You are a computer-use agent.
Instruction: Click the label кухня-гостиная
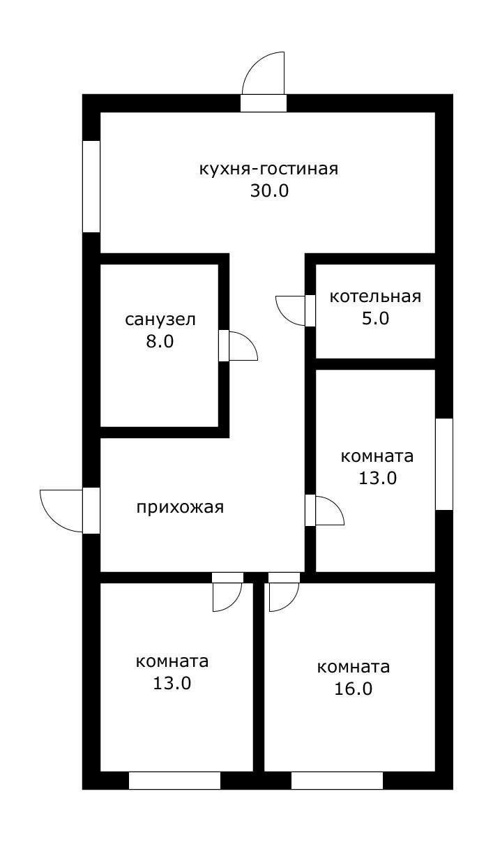pos(268,170)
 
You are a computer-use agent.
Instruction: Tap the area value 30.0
pos(269,191)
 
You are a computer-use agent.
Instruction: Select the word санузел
pos(160,320)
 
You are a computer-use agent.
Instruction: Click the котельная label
pos(375,296)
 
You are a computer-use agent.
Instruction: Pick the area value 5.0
pos(375,319)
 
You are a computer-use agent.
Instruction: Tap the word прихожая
pos(180,507)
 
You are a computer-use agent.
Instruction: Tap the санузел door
pos(241,346)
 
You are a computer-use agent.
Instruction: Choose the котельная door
pos(292,310)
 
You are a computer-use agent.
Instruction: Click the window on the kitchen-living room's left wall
pos(91,186)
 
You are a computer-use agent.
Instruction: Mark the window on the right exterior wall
pos(444,464)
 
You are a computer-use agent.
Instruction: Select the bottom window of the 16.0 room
pos(337,780)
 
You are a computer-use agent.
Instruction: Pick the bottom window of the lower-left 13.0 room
pos(174,780)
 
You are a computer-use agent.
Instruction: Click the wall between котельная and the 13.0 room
pos(375,363)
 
